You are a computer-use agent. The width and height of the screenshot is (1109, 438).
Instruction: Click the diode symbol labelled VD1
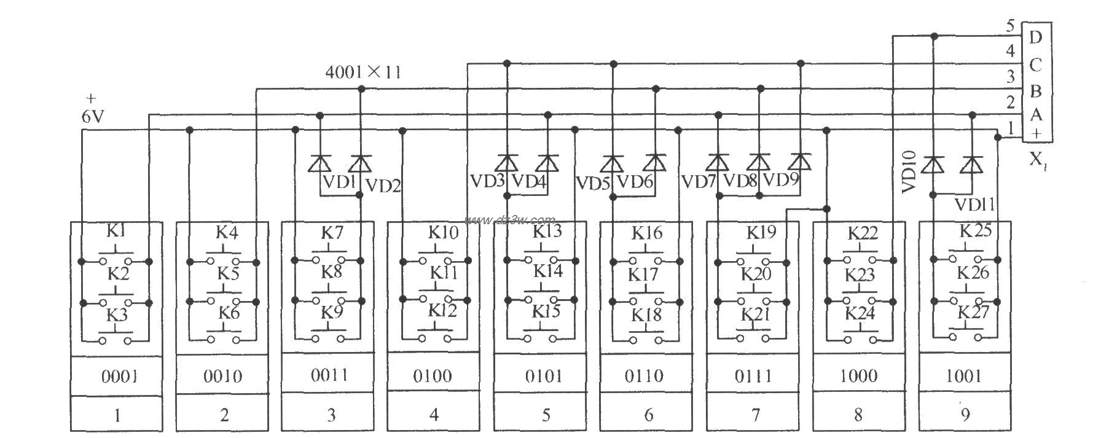pos(319,163)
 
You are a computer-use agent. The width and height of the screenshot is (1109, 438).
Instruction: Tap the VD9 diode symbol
pos(800,162)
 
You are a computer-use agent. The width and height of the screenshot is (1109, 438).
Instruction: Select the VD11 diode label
pos(975,204)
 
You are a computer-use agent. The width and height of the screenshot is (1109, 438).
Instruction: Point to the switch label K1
pos(116,232)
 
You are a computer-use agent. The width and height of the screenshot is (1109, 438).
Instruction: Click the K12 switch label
pos(443,310)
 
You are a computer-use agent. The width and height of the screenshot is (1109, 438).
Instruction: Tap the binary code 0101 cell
pos(544,376)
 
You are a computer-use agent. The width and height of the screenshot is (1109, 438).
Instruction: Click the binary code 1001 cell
pos(964,376)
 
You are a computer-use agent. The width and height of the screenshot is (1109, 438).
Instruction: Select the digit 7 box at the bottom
pos(755,415)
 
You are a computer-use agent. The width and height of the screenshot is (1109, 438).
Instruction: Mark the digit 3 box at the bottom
pos(331,415)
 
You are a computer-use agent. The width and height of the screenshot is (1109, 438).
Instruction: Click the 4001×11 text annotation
pos(363,72)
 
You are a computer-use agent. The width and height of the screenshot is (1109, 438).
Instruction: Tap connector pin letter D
pos(1035,37)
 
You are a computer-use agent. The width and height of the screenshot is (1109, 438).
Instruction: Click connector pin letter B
pos(1035,92)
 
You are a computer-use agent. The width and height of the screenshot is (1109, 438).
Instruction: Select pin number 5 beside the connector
pos(1011,26)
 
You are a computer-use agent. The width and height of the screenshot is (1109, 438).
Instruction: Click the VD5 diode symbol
pos(612,163)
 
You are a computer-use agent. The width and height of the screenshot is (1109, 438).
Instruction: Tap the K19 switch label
pos(761,233)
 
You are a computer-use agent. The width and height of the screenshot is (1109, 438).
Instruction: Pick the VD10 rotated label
pos(909,172)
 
